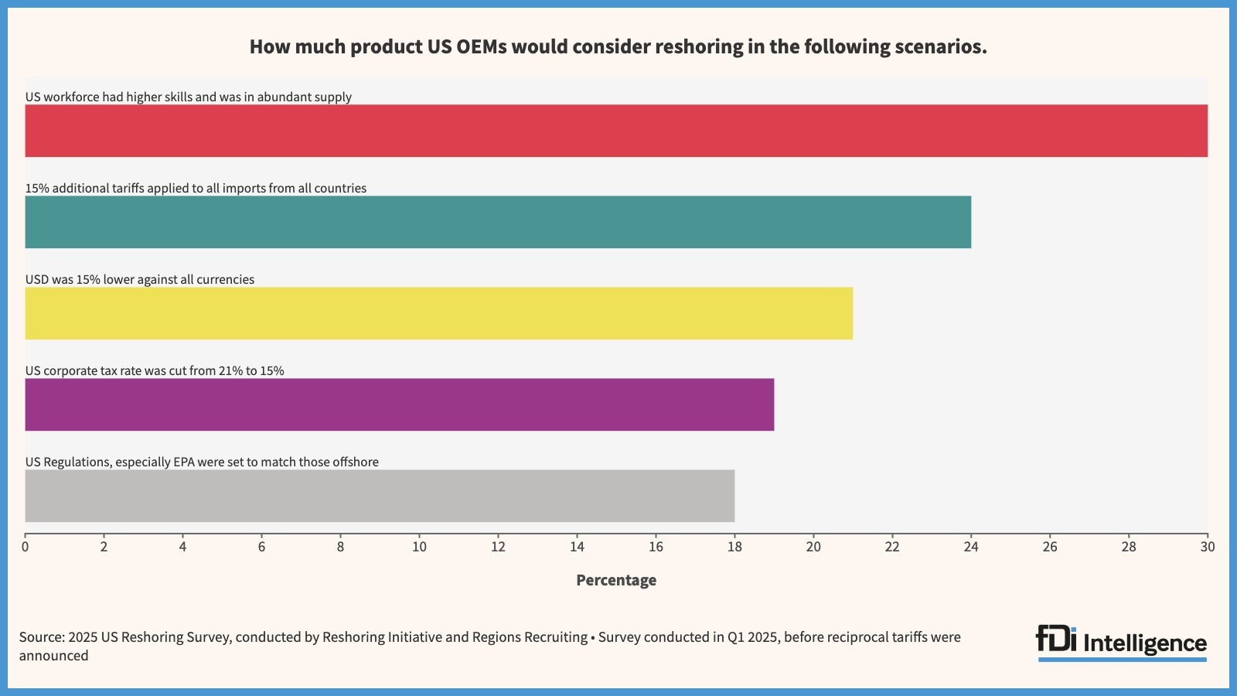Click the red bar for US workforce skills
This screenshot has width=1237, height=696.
pos(616,131)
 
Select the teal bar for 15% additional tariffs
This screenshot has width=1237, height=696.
pos(498,222)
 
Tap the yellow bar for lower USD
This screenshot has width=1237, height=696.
pos(438,313)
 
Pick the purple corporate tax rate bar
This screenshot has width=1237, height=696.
pos(399,404)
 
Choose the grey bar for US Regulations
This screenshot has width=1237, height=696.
pos(380,496)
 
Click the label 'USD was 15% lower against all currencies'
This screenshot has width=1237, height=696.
pos(140,279)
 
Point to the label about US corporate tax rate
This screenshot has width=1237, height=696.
pos(155,370)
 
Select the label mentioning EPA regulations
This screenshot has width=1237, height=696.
pos(202,462)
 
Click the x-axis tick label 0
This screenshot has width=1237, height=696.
pos(26,547)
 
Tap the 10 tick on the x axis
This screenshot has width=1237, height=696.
pos(419,547)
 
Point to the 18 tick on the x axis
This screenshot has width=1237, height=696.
pos(734,547)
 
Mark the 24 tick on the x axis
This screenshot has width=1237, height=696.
pos(971,547)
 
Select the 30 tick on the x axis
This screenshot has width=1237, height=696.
pos(1207,547)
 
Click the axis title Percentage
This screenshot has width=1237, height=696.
pos(616,580)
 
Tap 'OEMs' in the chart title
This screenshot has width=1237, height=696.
pos(482,47)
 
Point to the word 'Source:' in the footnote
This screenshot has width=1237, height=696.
pos(42,637)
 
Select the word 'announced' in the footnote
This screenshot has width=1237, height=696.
pos(54,656)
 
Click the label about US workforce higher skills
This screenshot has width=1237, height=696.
pos(189,97)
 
